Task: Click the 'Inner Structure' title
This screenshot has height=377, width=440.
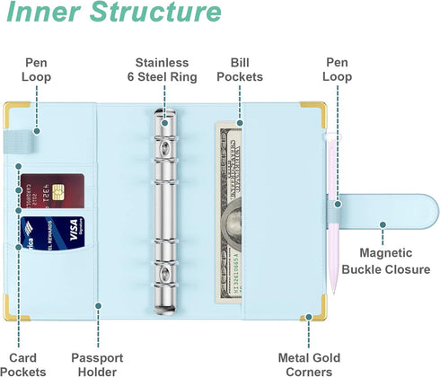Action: (114, 12)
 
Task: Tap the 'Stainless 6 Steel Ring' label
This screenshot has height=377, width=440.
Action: (163, 70)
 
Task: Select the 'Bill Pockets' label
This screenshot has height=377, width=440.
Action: (240, 70)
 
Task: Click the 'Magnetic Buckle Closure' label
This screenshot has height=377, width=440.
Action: (386, 261)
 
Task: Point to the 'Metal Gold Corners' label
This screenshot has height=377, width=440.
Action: (309, 364)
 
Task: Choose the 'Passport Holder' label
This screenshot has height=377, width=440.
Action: (97, 364)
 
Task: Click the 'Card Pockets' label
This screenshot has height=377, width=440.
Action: (23, 364)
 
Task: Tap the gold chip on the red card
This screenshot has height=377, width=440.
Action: (58, 192)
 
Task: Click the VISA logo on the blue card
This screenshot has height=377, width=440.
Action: (75, 230)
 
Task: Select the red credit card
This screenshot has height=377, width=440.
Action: (52, 191)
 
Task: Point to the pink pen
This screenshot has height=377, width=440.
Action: (333, 213)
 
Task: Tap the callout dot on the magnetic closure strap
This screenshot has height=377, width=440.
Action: (383, 224)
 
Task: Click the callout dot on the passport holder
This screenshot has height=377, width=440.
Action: (98, 306)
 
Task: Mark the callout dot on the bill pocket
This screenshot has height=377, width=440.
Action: (240, 123)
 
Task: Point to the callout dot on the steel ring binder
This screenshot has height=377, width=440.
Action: (164, 123)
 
